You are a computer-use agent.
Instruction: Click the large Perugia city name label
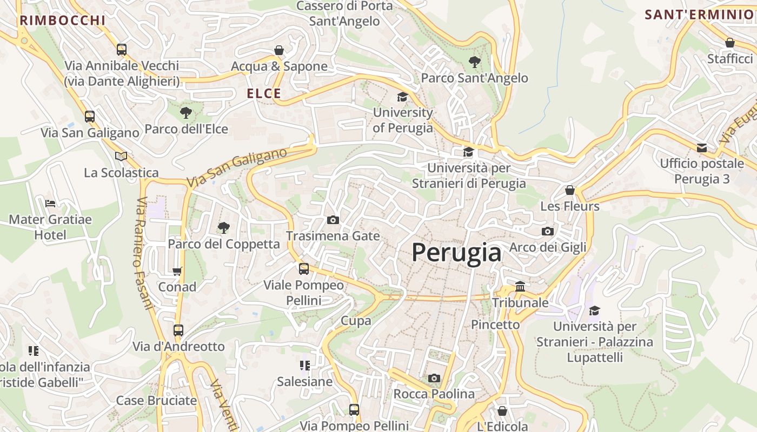click(456, 252)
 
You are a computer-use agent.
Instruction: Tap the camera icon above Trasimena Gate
click(333, 220)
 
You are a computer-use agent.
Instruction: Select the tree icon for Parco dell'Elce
click(186, 113)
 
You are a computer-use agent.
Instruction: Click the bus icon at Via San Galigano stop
click(90, 116)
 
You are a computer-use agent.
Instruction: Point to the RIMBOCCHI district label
click(63, 21)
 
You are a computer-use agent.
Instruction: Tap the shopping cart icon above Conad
click(177, 271)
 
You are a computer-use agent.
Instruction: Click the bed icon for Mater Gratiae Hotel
click(50, 204)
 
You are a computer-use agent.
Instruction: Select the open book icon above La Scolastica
click(121, 156)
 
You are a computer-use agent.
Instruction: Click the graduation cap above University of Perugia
click(402, 97)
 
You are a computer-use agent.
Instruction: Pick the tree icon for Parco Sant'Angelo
click(474, 62)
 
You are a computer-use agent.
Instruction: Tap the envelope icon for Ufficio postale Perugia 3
click(702, 147)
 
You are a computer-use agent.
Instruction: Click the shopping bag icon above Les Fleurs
click(569, 190)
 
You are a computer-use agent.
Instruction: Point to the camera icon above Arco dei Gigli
click(547, 231)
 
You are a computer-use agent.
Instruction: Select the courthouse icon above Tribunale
click(520, 286)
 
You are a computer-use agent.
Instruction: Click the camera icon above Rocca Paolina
click(434, 378)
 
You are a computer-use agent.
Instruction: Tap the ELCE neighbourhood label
click(264, 93)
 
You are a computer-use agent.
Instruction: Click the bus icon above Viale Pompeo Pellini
click(304, 268)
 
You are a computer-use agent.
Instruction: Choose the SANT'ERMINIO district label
click(699, 15)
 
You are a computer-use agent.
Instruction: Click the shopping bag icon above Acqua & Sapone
click(279, 50)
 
